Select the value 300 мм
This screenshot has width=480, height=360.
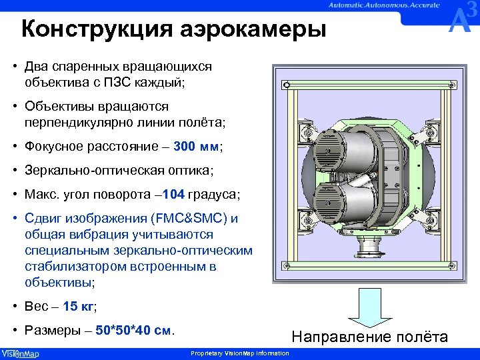(199, 146)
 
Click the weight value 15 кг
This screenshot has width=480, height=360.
(79, 307)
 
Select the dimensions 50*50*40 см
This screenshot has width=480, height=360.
(134, 330)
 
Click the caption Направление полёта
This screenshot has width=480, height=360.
(369, 337)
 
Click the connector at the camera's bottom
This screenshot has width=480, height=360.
(367, 253)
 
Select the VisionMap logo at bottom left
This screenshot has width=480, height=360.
(20, 353)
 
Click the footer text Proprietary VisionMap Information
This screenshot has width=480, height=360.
(240, 353)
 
